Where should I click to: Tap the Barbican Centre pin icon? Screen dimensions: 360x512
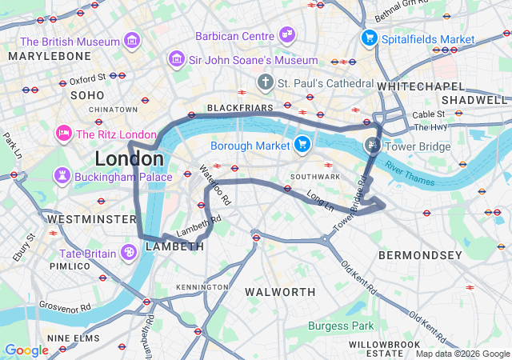287,34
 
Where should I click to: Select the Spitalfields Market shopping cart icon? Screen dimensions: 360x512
369,38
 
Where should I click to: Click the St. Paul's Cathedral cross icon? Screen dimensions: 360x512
266,82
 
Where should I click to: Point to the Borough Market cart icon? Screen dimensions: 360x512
302,145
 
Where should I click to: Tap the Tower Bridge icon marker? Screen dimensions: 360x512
372,146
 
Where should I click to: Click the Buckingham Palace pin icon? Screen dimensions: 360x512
62,175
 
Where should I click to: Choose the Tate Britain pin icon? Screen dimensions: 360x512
129,252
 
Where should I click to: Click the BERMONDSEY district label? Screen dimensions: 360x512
420,255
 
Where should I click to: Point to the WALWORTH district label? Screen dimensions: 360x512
280,291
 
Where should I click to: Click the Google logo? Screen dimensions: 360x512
26,350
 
